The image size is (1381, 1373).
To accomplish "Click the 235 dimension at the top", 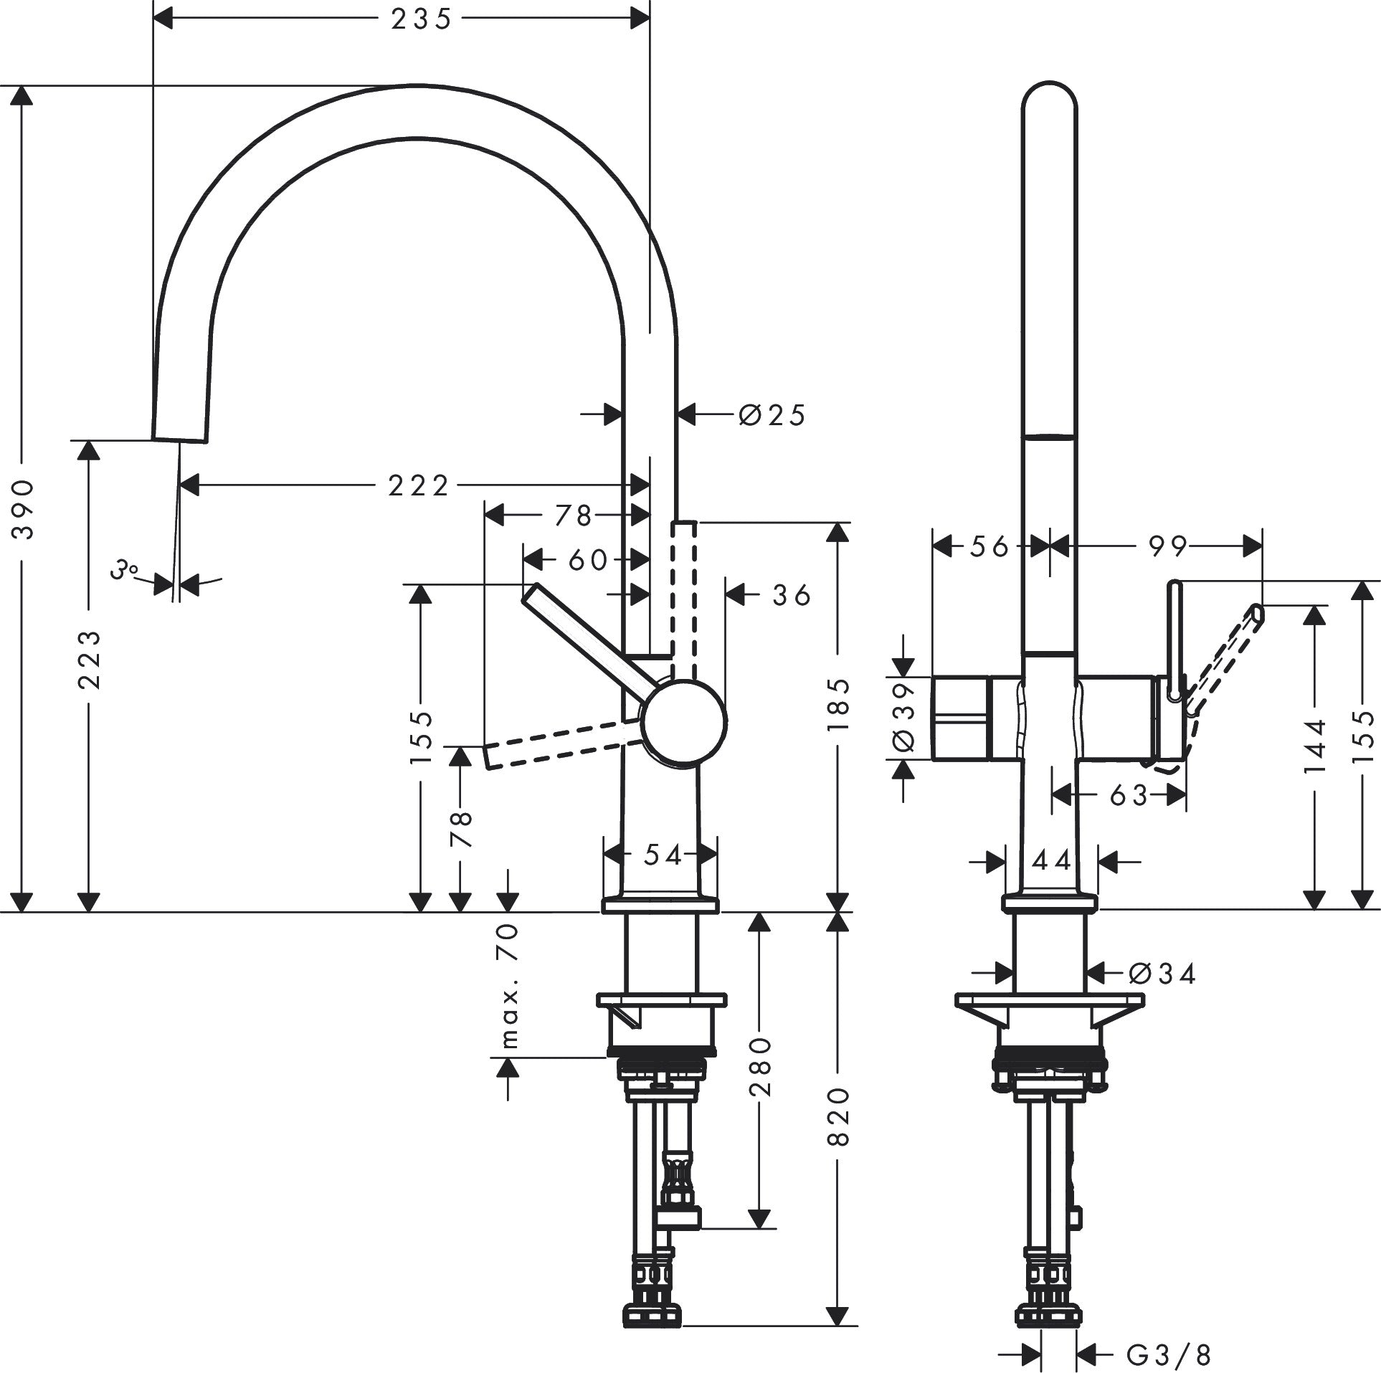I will pyautogui.click(x=421, y=19).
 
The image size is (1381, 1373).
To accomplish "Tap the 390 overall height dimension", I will pyautogui.click(x=24, y=509).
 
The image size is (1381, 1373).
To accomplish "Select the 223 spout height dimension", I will pyautogui.click(x=88, y=660).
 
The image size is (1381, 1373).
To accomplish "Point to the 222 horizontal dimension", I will pyautogui.click(x=418, y=486).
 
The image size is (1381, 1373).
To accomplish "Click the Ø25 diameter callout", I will pyautogui.click(x=772, y=414).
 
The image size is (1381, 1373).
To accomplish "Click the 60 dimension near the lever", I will pyautogui.click(x=587, y=560).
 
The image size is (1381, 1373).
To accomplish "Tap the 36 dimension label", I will pyautogui.click(x=791, y=595).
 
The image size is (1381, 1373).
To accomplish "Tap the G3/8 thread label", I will pyautogui.click(x=1168, y=1354).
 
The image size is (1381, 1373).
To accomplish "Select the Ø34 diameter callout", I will pyautogui.click(x=1161, y=973).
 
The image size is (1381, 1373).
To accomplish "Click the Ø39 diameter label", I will pyautogui.click(x=904, y=717).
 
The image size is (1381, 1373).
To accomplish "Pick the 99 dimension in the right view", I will pyautogui.click(x=1167, y=546).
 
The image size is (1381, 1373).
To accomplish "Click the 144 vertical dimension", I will pyautogui.click(x=1314, y=746).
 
